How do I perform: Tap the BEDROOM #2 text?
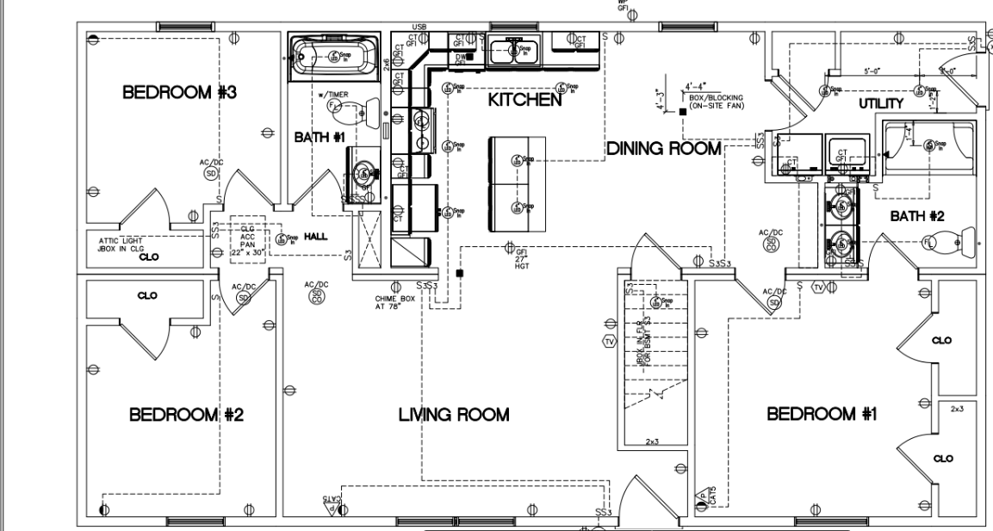(x=187, y=415)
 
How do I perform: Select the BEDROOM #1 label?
(x=822, y=415)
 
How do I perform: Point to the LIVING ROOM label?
(x=453, y=415)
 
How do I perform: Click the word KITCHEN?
(x=524, y=101)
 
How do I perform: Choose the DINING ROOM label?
(x=663, y=149)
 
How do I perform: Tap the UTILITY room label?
(x=880, y=104)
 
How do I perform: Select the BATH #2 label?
(x=916, y=217)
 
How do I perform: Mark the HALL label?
(x=316, y=237)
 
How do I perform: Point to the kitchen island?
(x=518, y=184)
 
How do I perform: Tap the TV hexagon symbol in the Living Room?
(x=611, y=342)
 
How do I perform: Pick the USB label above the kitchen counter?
(x=420, y=27)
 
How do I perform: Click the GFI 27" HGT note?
(x=521, y=256)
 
